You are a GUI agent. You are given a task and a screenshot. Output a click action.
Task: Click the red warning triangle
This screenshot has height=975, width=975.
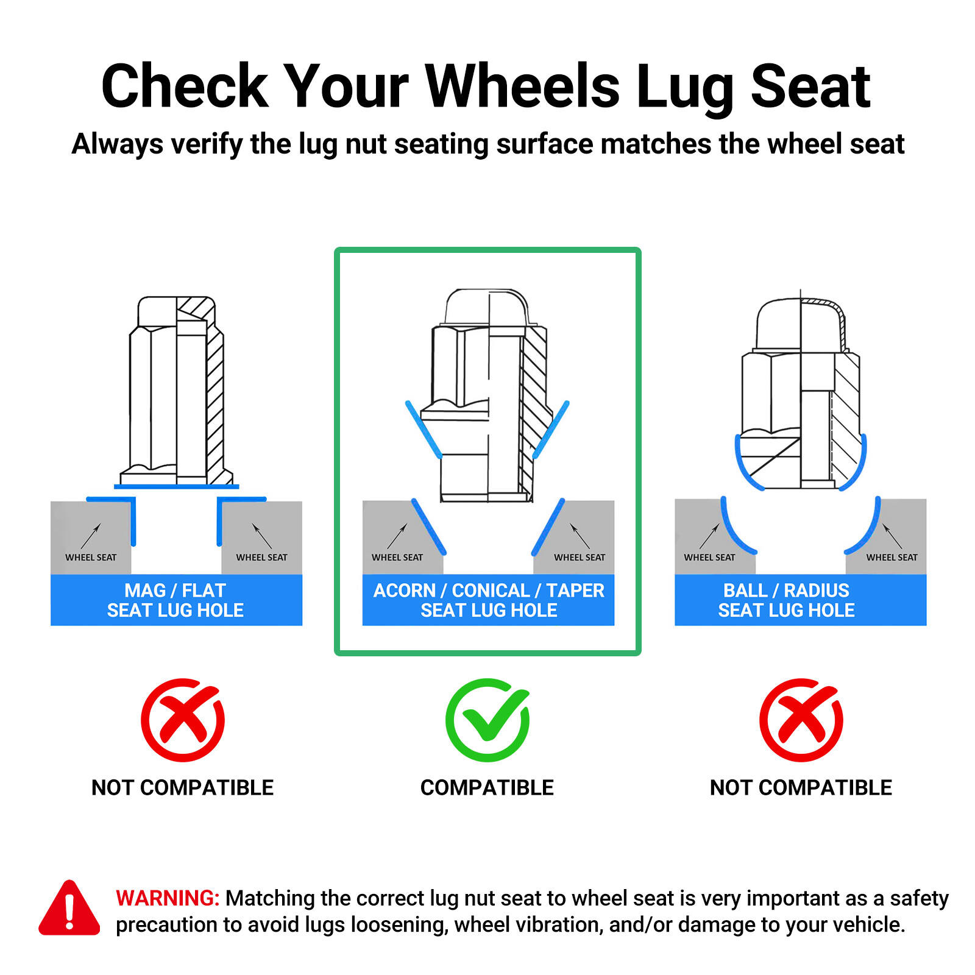pyautogui.click(x=69, y=908)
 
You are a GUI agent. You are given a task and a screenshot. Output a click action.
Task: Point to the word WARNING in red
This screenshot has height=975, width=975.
pyautogui.click(x=167, y=898)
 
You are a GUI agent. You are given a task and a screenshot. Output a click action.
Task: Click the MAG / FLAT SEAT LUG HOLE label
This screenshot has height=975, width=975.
pyautogui.click(x=175, y=600)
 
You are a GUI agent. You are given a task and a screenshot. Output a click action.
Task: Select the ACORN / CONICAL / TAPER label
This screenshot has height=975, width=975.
pyautogui.click(x=489, y=590)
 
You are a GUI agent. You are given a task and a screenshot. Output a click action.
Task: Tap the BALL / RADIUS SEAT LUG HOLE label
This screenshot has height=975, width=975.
pyautogui.click(x=786, y=600)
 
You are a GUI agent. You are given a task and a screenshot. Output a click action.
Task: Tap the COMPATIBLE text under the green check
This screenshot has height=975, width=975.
pyautogui.click(x=487, y=787)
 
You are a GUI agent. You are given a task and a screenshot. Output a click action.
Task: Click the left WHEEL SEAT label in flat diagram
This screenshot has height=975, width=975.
pyautogui.click(x=91, y=558)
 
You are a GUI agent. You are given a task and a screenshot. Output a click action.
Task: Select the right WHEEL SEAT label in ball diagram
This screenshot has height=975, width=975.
pyautogui.click(x=892, y=558)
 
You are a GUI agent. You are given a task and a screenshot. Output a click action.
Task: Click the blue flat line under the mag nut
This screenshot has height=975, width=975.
pyautogui.click(x=177, y=487)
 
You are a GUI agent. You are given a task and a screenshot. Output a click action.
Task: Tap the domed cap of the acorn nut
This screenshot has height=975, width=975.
pyautogui.click(x=487, y=306)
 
